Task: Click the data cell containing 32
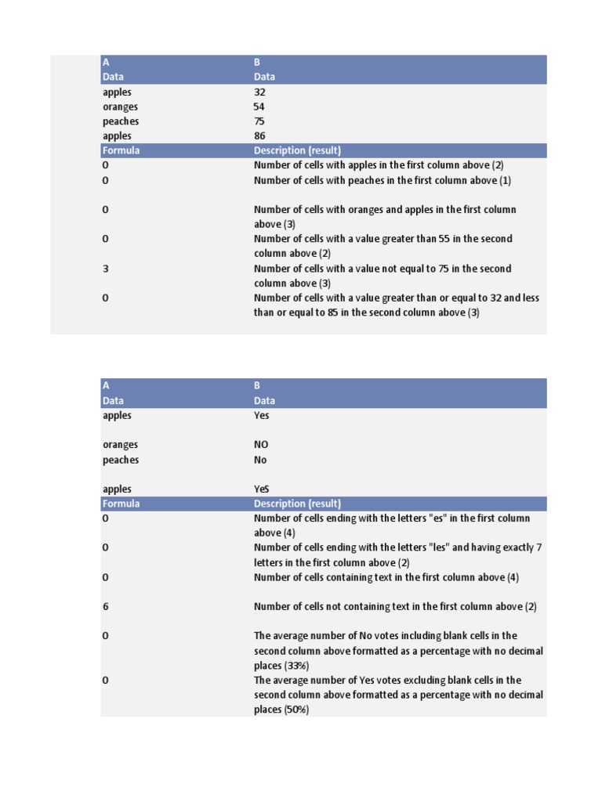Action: (x=259, y=92)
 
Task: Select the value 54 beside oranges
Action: (x=259, y=107)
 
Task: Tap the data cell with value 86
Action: (x=259, y=135)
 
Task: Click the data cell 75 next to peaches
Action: (x=259, y=121)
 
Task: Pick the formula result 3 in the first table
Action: (x=105, y=269)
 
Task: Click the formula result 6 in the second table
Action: (x=105, y=606)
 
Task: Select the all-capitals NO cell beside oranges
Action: (x=261, y=445)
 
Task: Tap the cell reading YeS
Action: (x=262, y=490)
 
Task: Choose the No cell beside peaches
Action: (x=260, y=460)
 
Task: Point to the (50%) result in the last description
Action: (x=296, y=710)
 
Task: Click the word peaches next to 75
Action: (x=121, y=121)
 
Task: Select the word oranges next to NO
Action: (x=120, y=445)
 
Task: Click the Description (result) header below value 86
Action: (x=297, y=150)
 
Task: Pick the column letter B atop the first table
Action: (x=257, y=62)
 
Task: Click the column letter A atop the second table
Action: (x=106, y=385)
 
